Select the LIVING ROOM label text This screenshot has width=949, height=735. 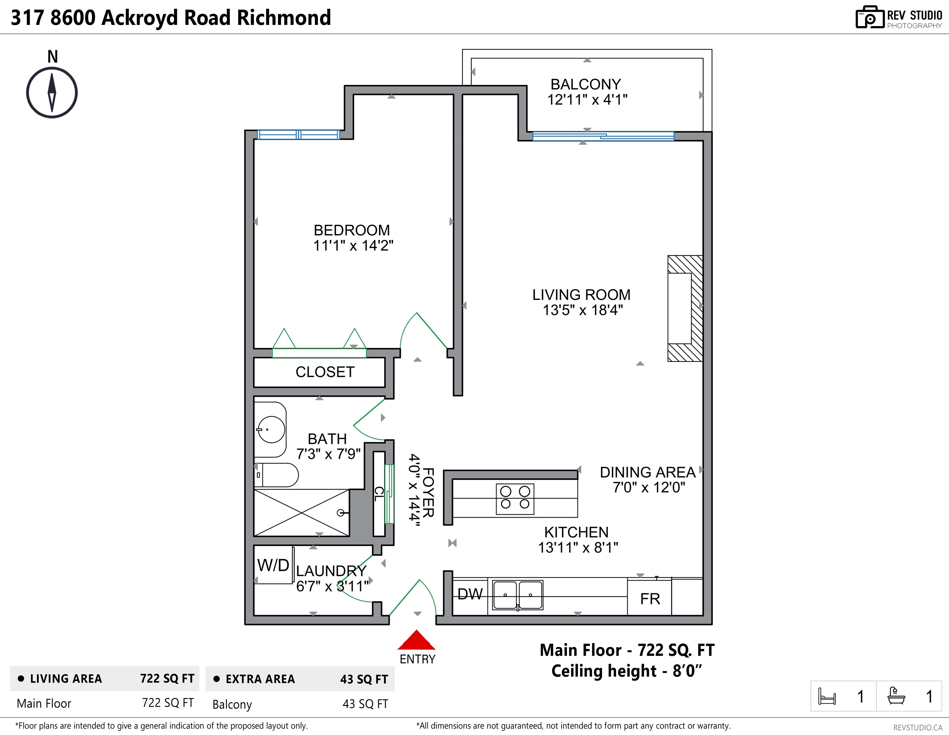581,295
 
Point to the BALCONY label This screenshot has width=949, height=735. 586,84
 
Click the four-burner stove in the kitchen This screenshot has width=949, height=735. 515,499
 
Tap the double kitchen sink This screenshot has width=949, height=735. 518,595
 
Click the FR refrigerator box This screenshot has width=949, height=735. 650,597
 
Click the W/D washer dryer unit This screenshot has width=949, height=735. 274,565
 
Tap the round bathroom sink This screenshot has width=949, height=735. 271,429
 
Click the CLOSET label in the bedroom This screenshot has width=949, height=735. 325,372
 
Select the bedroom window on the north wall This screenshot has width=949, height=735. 298,135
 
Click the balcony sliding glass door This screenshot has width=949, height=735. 603,136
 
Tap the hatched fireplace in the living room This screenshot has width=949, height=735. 685,308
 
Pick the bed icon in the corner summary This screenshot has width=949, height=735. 827,696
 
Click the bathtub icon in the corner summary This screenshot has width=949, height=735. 896,696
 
